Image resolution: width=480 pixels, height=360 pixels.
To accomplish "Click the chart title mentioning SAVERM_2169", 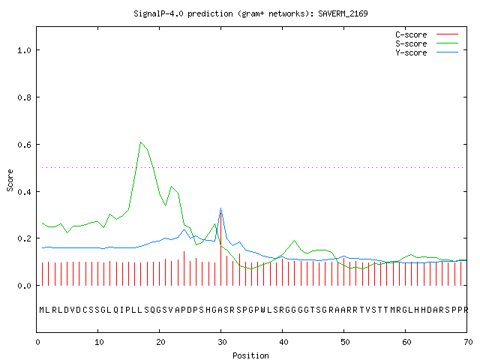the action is point(250,13).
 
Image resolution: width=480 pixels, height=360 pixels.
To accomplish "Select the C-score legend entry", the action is point(427,34).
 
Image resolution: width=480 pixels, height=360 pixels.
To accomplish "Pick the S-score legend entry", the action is point(427,43).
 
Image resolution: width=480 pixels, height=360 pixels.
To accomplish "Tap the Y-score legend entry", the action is point(427,52).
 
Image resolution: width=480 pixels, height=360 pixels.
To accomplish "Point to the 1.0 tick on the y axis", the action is point(25,50).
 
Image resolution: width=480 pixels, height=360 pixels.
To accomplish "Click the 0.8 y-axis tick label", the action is point(25,97).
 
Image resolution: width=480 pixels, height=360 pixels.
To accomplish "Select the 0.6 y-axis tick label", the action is point(25,145).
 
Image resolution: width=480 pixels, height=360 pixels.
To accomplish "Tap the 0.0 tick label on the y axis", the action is point(25,286).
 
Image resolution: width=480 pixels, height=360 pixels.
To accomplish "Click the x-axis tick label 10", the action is point(99,342).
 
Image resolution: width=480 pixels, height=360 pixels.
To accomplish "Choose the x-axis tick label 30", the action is point(222,342).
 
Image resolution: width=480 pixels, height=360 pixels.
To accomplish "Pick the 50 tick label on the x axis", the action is point(345,342).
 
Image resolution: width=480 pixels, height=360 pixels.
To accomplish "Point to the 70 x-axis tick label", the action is point(468,342).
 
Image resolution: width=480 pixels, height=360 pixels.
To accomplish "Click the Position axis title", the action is point(250,355).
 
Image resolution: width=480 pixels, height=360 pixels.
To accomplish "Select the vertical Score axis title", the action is point(10,180).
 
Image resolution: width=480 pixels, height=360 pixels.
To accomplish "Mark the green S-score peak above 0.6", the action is point(140,142).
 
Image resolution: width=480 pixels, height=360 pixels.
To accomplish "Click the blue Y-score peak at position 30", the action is point(220,208).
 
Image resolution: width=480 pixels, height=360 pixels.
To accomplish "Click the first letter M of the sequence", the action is point(42,310).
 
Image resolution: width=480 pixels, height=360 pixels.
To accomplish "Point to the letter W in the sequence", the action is point(263,310).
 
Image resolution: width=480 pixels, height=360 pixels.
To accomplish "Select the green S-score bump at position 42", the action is point(295,241).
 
